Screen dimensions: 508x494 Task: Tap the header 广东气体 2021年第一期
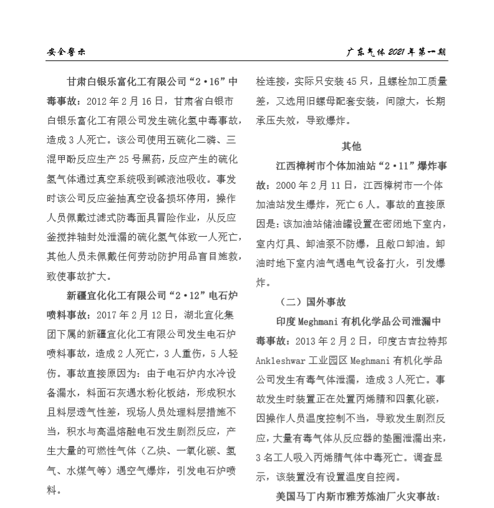397,52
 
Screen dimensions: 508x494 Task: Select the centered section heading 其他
351,147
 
